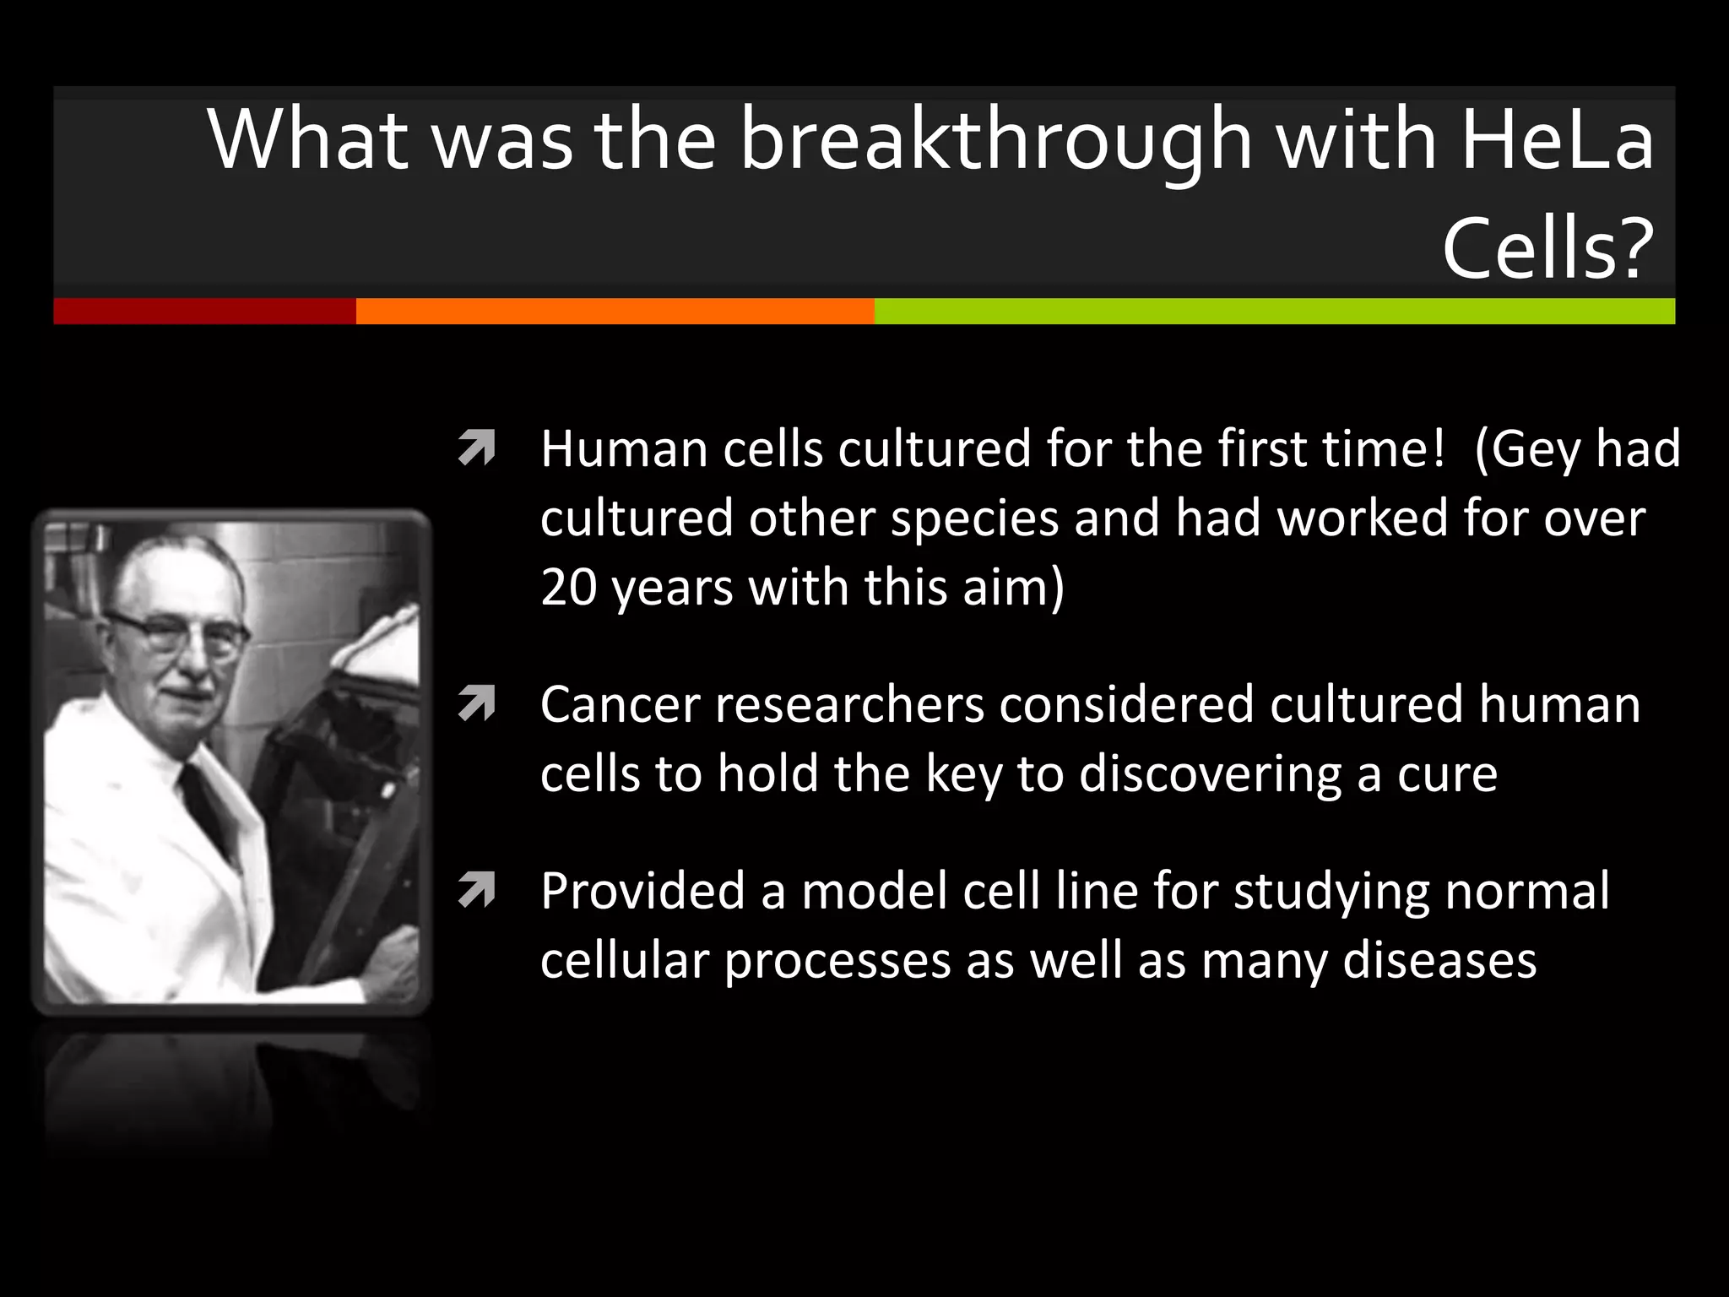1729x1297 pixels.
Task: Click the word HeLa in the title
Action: (x=1556, y=139)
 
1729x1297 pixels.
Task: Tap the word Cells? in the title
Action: (x=1547, y=248)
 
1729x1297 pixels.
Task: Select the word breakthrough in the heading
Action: (x=995, y=139)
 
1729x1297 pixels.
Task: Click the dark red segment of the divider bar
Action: (x=204, y=311)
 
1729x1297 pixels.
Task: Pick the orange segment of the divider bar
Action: (x=615, y=311)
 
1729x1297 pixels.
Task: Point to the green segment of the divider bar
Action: (x=1274, y=311)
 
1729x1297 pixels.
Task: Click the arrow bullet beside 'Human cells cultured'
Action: (x=476, y=448)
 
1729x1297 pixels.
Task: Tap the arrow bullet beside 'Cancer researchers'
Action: (x=476, y=704)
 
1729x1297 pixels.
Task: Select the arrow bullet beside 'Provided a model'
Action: (x=476, y=891)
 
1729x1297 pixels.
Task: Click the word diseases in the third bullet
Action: (x=1439, y=960)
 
